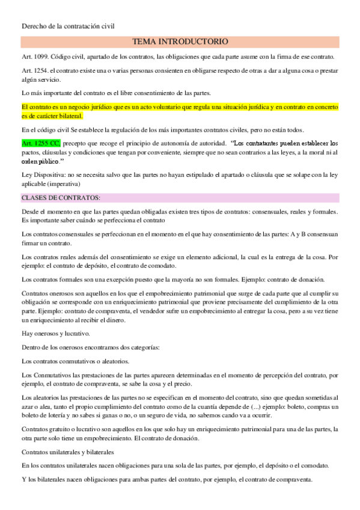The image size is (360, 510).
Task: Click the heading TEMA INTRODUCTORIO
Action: (x=180, y=42)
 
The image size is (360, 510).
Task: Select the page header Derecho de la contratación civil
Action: (x=67, y=26)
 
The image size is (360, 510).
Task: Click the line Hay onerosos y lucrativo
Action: (x=55, y=333)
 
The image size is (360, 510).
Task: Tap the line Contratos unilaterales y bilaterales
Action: (x=68, y=451)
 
